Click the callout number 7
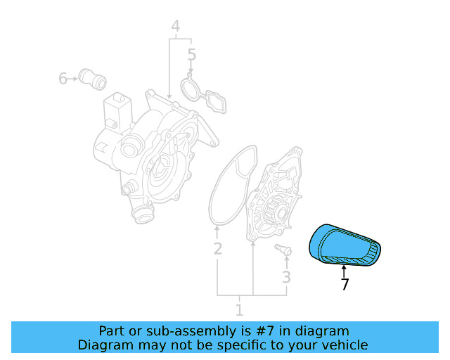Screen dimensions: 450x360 pyautogui.click(x=345, y=284)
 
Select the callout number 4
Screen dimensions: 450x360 pyautogui.click(x=176, y=26)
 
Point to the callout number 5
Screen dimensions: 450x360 pyautogui.click(x=192, y=55)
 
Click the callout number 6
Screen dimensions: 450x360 pyautogui.click(x=63, y=78)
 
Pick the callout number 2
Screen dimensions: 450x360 pyautogui.click(x=218, y=249)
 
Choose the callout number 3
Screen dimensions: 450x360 pyautogui.click(x=286, y=277)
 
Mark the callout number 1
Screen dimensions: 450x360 pyautogui.click(x=239, y=310)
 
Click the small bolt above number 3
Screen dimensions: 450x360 pyautogui.click(x=283, y=249)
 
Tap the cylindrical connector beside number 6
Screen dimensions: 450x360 pyautogui.click(x=92, y=79)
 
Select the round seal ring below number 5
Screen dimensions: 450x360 pyautogui.click(x=191, y=87)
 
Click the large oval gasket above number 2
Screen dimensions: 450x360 pyautogui.click(x=233, y=186)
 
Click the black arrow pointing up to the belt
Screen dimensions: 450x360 pyautogui.click(x=344, y=271)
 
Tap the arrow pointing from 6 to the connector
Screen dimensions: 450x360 pyautogui.click(x=72, y=78)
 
